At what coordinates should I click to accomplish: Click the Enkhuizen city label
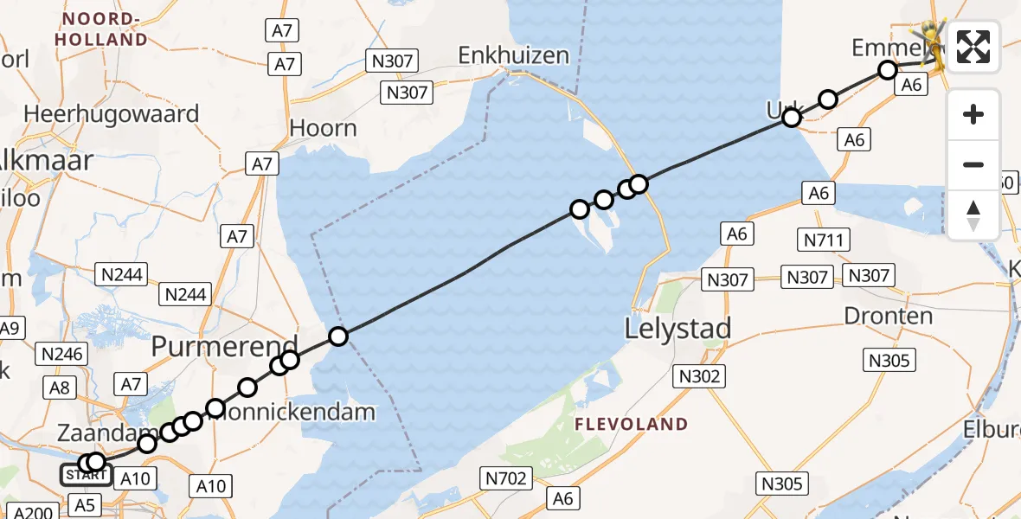tap(514, 56)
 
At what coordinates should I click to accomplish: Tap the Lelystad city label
tap(677, 329)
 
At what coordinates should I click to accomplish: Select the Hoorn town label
tap(323, 129)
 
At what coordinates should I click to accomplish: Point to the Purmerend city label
tap(225, 345)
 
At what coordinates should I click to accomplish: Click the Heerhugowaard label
tap(112, 114)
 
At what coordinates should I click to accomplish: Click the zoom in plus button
tap(973, 114)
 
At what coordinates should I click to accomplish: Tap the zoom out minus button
tap(973, 164)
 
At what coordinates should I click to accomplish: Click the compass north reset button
tap(973, 215)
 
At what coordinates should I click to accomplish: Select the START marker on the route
tap(85, 475)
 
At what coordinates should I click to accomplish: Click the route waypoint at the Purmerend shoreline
tap(338, 336)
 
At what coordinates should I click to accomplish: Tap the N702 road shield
tap(504, 477)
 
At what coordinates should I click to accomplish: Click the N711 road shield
tap(825, 240)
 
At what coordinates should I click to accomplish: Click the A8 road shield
tap(60, 388)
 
